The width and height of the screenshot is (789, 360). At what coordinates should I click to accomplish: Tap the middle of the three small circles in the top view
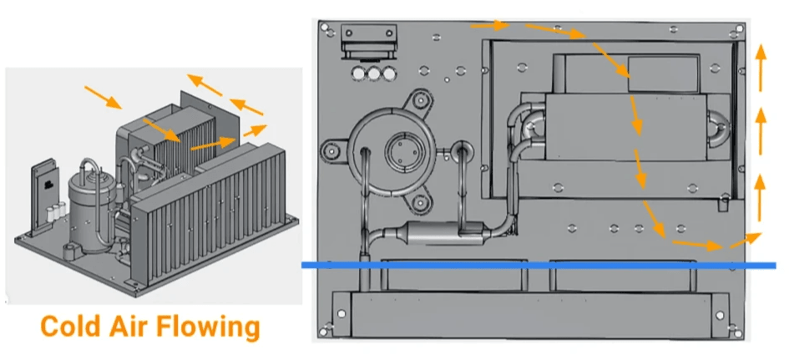(374, 73)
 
